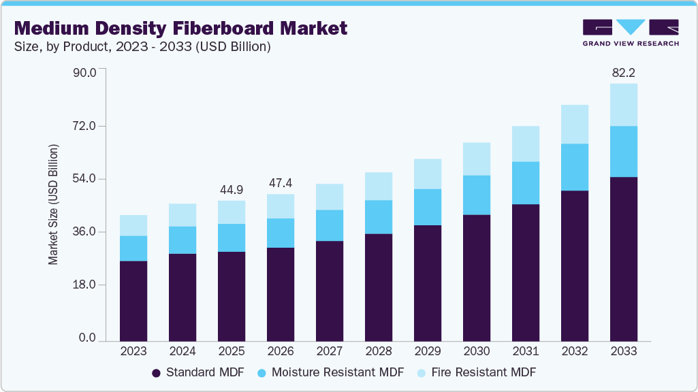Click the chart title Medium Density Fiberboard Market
click(180, 28)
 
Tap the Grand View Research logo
click(631, 33)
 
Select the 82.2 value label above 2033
click(623, 72)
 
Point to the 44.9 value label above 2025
click(231, 189)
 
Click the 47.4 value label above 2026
click(280, 183)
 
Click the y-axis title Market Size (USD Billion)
click(53, 205)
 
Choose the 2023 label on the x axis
click(133, 351)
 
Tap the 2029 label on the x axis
click(427, 351)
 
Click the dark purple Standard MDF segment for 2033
click(623, 259)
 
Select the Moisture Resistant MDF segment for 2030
click(476, 195)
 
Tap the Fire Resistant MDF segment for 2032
click(574, 124)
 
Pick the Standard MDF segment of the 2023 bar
click(133, 300)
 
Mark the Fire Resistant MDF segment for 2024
click(182, 215)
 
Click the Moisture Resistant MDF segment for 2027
click(329, 225)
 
